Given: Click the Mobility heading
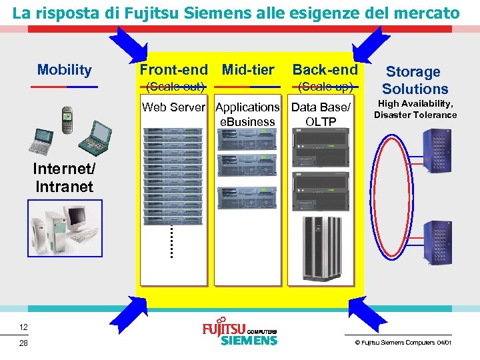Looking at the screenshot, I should [x=65, y=70].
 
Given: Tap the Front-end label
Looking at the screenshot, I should [x=173, y=69].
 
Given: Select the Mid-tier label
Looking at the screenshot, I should [x=248, y=69].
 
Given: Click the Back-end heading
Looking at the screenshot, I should [x=325, y=69].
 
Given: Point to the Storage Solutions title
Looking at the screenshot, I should [x=415, y=80].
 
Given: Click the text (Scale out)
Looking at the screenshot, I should [x=175, y=86].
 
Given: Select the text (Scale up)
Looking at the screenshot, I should [x=325, y=86].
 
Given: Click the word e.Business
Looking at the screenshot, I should [x=247, y=122].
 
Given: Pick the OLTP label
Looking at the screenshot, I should [x=321, y=122].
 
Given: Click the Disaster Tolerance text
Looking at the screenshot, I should [x=415, y=115].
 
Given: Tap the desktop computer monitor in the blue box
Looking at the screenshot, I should [x=77, y=217].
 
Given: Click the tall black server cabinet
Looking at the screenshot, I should [x=321, y=241].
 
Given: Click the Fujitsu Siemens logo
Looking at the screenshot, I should [x=239, y=333].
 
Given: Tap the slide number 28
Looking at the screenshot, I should [x=23, y=343].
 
